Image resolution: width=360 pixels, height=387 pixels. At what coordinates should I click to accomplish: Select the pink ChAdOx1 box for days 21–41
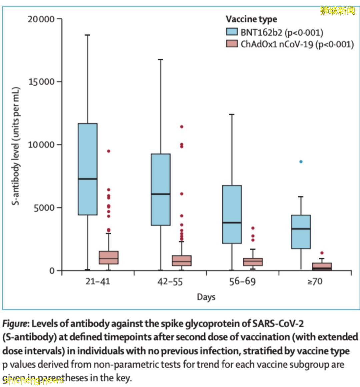[x=109, y=257]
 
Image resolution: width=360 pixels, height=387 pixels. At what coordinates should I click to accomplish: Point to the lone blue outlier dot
[x=301, y=162]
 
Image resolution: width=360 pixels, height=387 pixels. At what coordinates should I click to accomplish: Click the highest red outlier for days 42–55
[x=182, y=127]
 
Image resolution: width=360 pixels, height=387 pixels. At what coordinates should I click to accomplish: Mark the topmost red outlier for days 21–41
[x=109, y=151]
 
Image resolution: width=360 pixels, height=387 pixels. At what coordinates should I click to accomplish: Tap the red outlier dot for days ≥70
[x=322, y=253]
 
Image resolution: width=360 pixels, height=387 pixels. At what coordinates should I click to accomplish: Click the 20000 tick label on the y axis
[x=41, y=19]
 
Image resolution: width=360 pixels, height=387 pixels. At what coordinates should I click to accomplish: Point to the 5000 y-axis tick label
[x=44, y=208]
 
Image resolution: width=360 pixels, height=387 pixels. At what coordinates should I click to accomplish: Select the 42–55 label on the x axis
[x=170, y=282]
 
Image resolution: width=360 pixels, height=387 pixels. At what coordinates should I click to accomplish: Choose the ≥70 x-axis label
[x=315, y=282]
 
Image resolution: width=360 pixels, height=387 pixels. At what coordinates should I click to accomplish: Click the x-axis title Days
[x=206, y=297]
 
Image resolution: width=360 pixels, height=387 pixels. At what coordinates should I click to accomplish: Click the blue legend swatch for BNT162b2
[x=232, y=32]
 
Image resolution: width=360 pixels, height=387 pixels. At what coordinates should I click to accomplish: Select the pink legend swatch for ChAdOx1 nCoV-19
[x=232, y=44]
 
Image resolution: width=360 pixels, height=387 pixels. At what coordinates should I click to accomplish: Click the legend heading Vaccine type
[x=251, y=19]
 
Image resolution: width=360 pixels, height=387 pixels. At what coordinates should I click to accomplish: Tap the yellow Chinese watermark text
[x=338, y=11]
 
